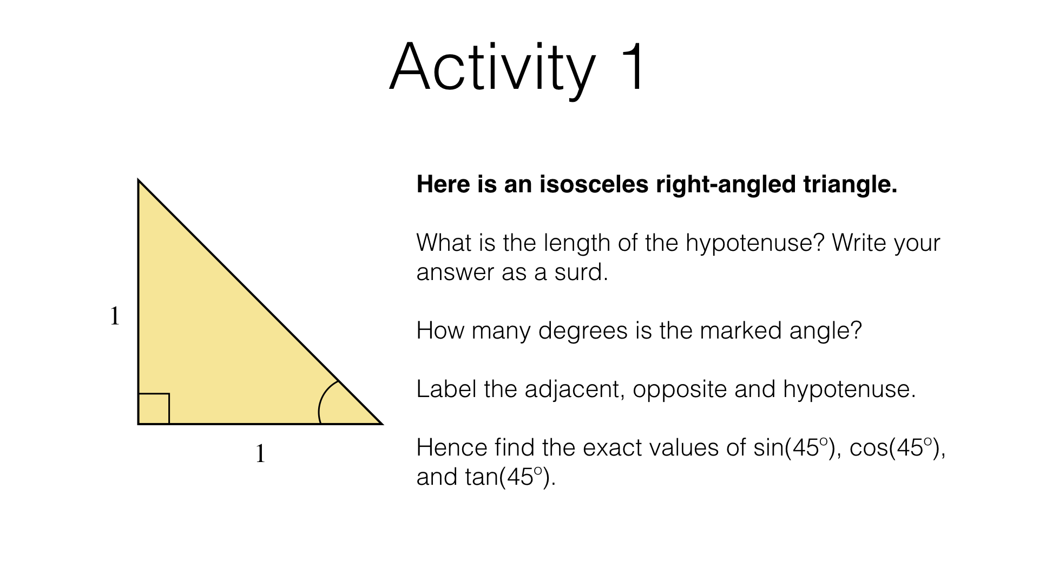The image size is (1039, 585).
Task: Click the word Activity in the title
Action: [x=491, y=68]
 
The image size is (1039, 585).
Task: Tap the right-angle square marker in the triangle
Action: [x=154, y=408]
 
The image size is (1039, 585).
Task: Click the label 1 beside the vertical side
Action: [x=115, y=316]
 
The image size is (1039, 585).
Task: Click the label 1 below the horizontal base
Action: [x=260, y=453]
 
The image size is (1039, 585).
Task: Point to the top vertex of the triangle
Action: [x=139, y=181]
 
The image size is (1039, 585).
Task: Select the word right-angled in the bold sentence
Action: [x=726, y=185]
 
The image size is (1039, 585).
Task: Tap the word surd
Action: [x=581, y=272]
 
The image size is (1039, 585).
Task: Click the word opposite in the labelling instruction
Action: [x=679, y=389]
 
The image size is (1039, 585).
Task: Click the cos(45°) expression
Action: [x=896, y=448]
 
